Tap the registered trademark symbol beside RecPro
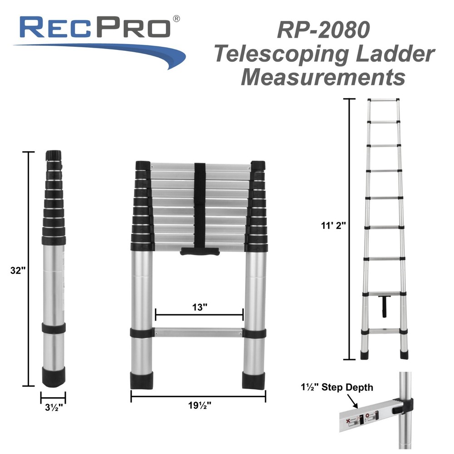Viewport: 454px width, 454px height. point(177,18)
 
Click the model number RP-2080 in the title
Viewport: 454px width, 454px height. point(323,30)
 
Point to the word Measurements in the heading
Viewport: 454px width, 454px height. point(323,77)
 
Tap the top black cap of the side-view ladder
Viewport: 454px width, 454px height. point(54,156)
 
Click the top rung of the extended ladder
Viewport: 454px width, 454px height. point(384,99)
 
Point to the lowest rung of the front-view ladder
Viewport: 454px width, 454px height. point(198,332)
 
